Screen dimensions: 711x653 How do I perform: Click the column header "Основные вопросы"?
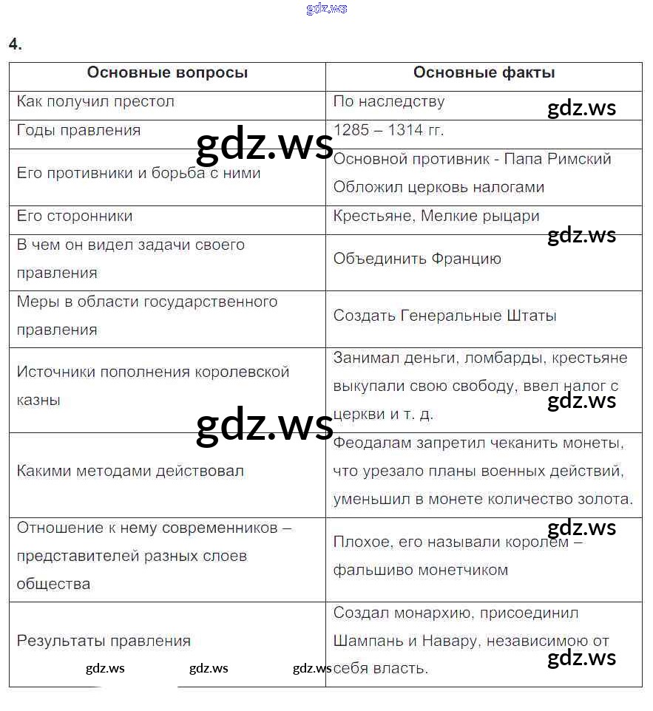tap(167, 72)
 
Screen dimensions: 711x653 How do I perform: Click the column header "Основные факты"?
tap(484, 72)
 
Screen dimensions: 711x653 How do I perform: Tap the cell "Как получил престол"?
tap(95, 101)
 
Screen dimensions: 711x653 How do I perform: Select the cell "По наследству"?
tap(389, 101)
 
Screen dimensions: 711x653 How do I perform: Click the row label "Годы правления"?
tap(78, 130)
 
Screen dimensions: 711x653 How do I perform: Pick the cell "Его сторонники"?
tap(75, 216)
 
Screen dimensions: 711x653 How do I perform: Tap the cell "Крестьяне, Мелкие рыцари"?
tap(436, 216)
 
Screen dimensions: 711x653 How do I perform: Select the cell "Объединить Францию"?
tap(417, 259)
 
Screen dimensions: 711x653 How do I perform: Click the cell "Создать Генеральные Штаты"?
tap(444, 316)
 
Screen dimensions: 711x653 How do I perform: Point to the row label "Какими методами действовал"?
tap(130, 471)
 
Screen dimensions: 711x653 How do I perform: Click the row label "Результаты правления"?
tap(104, 641)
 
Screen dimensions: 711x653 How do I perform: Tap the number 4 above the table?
tap(15, 44)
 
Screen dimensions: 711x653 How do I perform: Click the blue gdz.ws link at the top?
tap(326, 9)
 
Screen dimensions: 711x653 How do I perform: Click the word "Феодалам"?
tap(369, 443)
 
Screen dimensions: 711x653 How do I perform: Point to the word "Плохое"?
tap(360, 542)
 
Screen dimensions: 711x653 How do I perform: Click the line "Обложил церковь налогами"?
tap(439, 187)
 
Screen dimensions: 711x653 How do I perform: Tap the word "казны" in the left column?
tap(38, 400)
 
